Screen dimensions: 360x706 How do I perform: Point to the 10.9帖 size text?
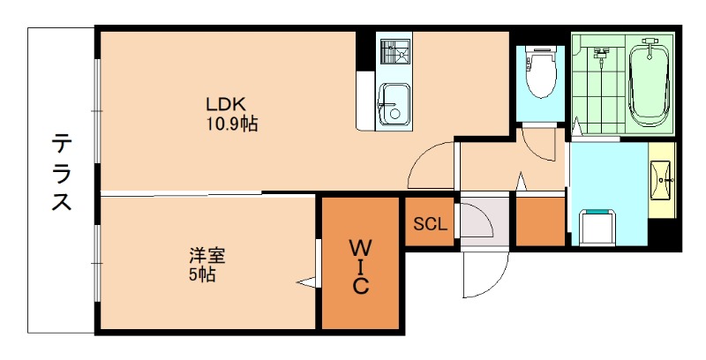click(232, 124)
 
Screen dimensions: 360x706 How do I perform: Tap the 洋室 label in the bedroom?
click(207, 257)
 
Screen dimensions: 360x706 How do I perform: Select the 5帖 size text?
click(201, 274)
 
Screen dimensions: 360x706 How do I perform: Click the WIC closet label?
click(361, 264)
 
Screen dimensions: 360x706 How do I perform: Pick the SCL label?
click(431, 224)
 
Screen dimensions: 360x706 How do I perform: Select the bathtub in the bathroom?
click(650, 85)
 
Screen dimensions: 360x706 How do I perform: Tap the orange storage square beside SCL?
click(539, 221)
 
